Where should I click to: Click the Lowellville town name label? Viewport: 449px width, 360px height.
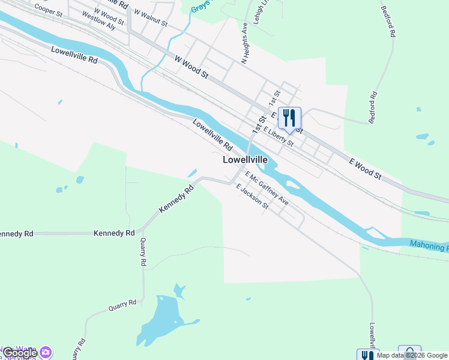(x=245, y=160)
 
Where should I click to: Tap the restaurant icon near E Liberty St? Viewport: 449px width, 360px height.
(x=289, y=118)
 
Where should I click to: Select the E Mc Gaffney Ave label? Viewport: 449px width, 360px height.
(x=267, y=188)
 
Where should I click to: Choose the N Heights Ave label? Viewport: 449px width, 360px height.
(x=245, y=44)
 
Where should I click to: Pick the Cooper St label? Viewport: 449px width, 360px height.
(x=48, y=10)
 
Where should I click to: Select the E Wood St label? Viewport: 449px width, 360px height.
(x=366, y=166)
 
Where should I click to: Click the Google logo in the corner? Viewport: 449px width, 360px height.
(x=20, y=353)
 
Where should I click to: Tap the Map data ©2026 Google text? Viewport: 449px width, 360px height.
(x=412, y=355)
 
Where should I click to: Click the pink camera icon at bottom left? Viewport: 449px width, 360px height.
(x=46, y=352)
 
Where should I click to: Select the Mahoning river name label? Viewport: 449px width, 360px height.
(x=429, y=245)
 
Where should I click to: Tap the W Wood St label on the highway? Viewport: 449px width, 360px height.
(x=191, y=67)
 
